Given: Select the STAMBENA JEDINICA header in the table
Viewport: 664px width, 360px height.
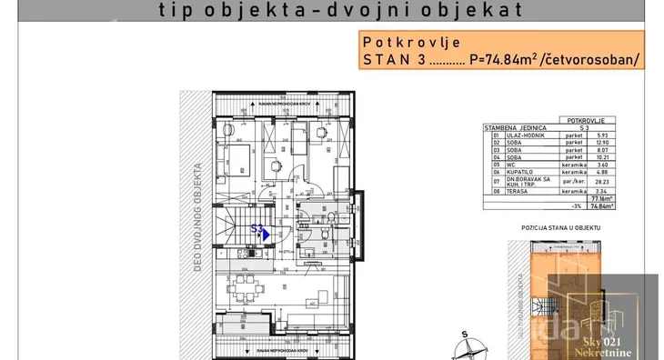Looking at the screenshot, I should point(513,128).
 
